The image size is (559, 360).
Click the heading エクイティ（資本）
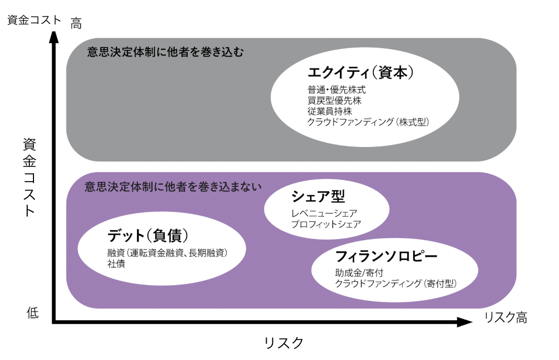tap(361, 73)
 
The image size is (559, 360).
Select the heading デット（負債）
tap(148, 236)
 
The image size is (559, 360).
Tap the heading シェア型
tap(318, 197)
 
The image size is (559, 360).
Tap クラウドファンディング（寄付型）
tap(396, 284)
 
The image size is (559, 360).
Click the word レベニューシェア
tap(324, 213)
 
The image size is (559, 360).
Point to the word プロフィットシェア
tap(326, 224)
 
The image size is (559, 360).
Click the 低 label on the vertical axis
tap(32, 313)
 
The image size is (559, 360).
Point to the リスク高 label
tap(505, 317)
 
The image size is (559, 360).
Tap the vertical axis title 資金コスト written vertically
tap(29, 178)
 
